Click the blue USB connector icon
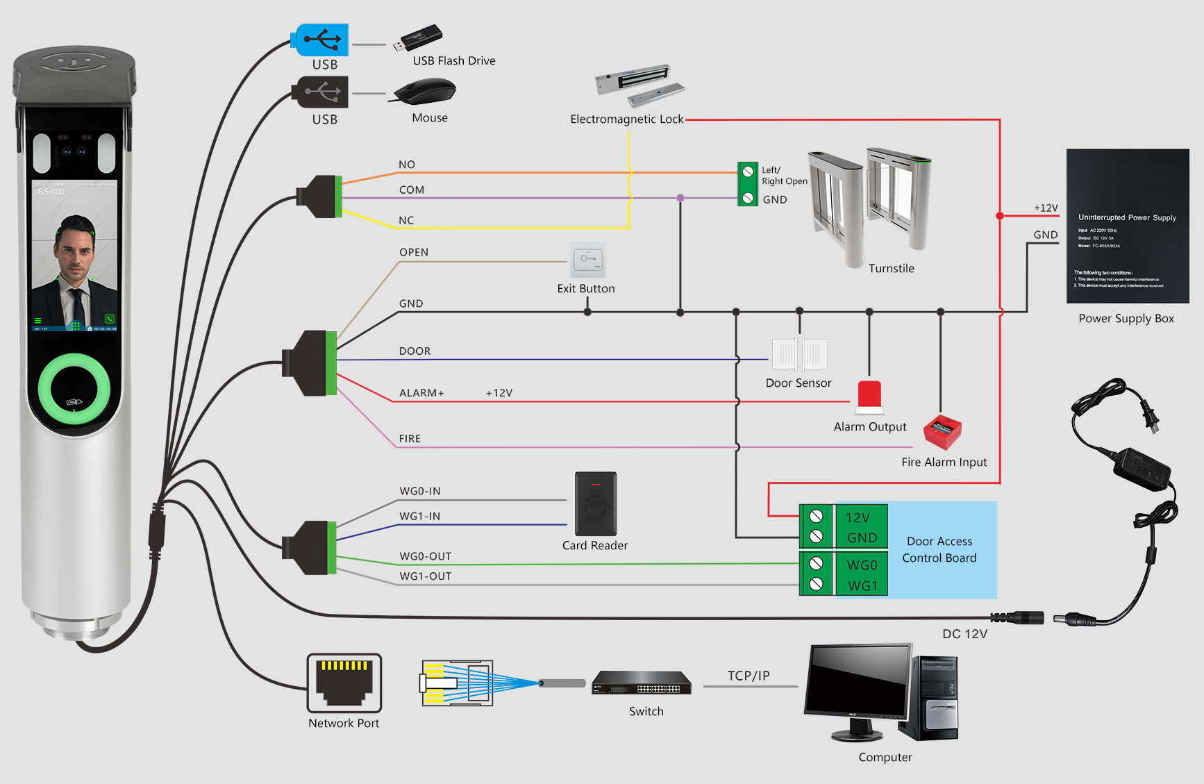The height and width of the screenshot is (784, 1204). tap(323, 40)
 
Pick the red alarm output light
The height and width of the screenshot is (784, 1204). tap(869, 396)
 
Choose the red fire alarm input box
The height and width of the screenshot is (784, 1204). tap(942, 431)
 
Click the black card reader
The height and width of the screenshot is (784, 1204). tap(596, 503)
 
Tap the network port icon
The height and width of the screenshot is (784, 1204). tap(344, 683)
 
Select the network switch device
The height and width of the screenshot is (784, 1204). tap(642, 683)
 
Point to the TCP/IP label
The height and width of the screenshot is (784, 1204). tap(749, 676)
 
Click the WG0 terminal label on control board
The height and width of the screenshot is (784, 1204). tap(862, 565)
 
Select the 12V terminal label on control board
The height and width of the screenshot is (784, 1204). tap(858, 517)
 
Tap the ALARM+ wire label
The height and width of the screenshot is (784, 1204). tap(421, 393)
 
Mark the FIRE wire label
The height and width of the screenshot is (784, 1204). tap(410, 439)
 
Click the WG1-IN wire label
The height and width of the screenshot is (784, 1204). tap(420, 516)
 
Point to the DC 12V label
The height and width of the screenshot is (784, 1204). tap(964, 634)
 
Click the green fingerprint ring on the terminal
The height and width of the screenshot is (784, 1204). tap(74, 389)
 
